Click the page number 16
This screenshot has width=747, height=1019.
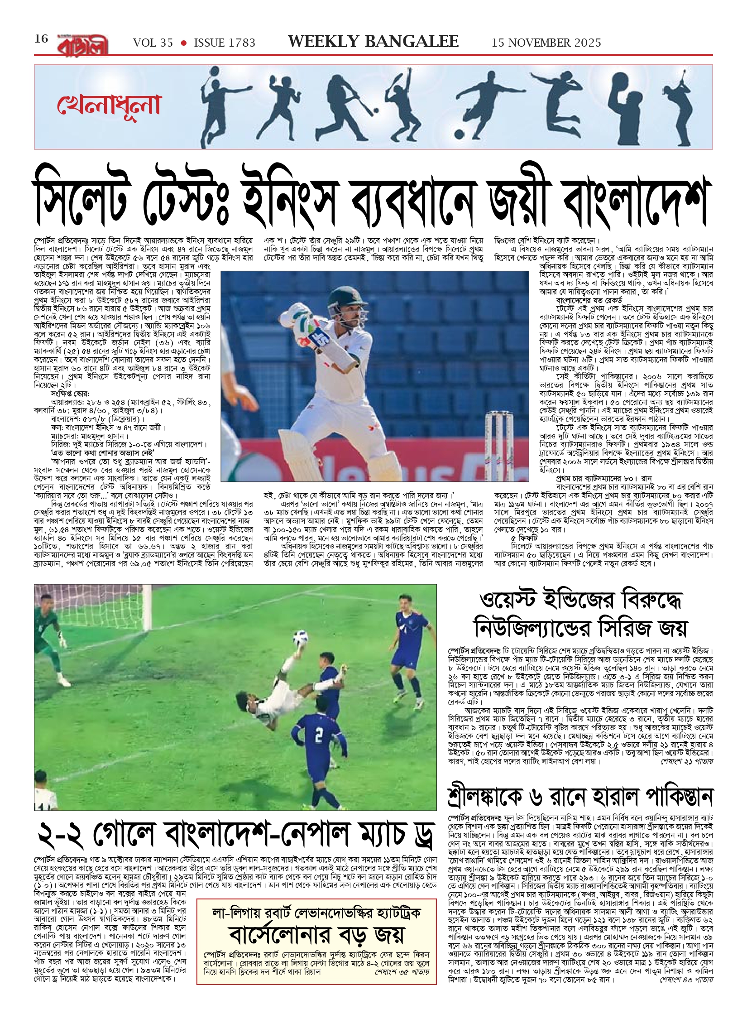tap(41, 39)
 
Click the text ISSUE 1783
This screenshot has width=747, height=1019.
tap(225, 43)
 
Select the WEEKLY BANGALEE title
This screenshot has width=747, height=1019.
tap(373, 42)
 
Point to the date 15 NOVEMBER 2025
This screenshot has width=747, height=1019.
tap(546, 43)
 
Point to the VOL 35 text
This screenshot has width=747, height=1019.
tap(153, 43)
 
